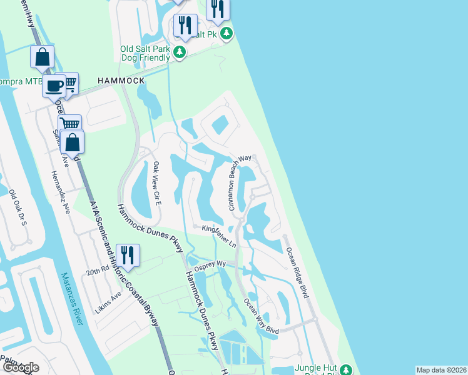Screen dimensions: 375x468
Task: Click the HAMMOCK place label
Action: [121, 81]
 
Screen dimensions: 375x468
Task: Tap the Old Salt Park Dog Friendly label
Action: [145, 52]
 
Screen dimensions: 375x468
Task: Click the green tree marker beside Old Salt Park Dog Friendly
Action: [180, 52]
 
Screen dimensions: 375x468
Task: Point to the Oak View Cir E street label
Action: [157, 184]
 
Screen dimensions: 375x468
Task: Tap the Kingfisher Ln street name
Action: [219, 236]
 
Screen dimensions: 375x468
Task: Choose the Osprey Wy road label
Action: [211, 265]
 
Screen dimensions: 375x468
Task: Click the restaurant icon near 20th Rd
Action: [128, 255]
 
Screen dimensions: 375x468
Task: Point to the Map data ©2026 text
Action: [441, 370]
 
